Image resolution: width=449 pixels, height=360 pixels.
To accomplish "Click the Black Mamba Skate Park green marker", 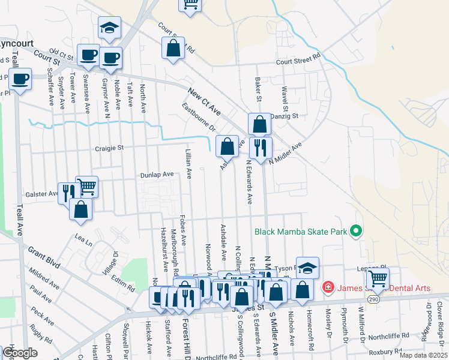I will point(355,231).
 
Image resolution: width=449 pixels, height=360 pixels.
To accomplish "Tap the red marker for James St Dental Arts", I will point(328,288).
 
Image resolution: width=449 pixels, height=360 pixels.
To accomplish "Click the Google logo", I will point(19,353).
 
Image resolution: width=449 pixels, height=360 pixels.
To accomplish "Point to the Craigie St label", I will point(109,148).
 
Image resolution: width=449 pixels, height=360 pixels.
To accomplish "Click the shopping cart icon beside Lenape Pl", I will point(378,278).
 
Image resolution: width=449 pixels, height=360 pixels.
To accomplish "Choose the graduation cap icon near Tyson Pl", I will point(307,268).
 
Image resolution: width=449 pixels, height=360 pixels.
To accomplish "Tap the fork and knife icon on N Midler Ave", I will point(261,147).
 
